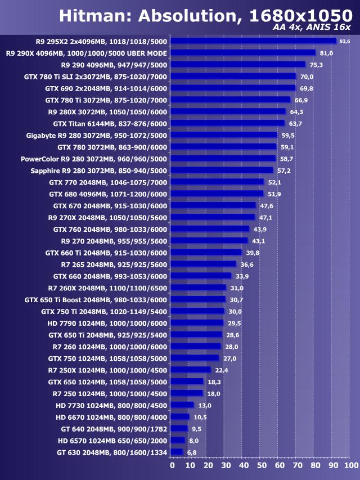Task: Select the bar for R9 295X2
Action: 253,41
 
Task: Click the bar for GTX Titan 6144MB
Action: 228,123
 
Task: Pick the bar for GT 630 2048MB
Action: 177,452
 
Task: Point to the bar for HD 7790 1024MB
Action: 197,323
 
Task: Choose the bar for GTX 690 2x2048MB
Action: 233,88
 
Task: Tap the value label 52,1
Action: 274,182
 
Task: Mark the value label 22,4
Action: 221,370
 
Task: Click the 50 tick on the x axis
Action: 262,466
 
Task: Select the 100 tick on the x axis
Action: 350,466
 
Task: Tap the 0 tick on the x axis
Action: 172,466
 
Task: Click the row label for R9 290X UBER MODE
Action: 86,53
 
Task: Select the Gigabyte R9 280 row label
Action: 97,135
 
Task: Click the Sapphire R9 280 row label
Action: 98,170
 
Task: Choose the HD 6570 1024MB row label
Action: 112,440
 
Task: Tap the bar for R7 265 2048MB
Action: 203,264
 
